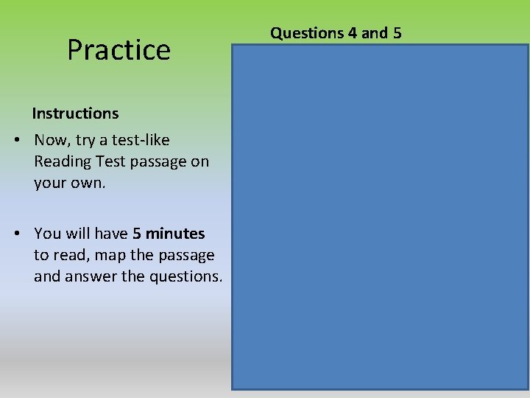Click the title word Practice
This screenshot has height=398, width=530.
[x=119, y=50]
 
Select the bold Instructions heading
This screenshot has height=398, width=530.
[x=75, y=114]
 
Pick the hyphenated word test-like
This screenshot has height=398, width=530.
[x=138, y=140]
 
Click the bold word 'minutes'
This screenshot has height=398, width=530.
[x=175, y=234]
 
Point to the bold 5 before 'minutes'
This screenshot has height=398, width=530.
[x=137, y=234]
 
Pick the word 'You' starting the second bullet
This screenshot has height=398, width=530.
[x=47, y=234]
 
